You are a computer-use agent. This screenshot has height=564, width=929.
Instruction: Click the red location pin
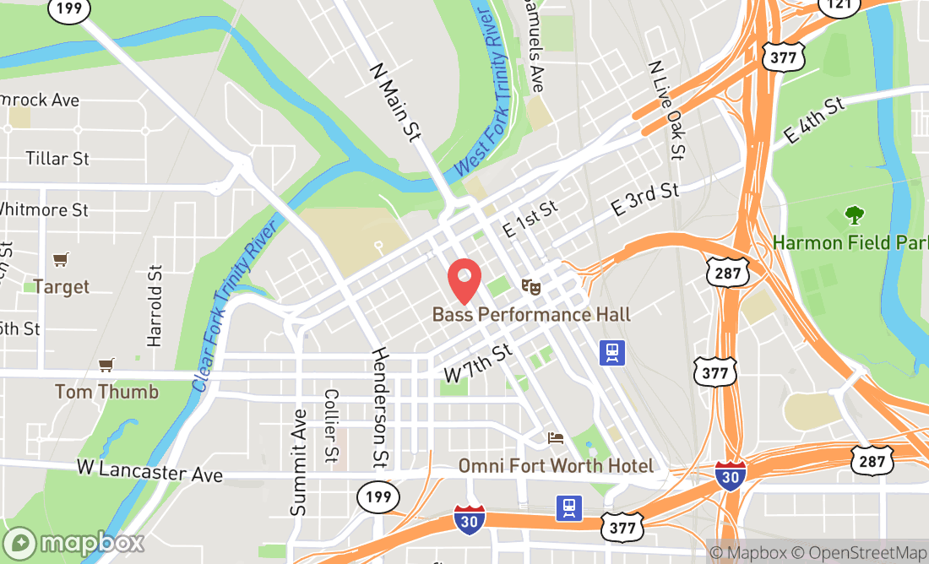coord(464,281)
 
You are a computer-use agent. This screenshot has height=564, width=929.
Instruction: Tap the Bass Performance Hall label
coord(531,315)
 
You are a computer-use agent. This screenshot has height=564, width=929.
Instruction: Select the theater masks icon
coord(531,287)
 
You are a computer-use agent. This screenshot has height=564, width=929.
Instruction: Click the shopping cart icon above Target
coord(60,259)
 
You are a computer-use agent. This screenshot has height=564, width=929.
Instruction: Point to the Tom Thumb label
coord(106,392)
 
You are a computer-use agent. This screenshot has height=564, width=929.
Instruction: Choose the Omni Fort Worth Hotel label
coord(556,466)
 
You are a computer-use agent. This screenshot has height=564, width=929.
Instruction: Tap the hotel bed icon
coord(555,437)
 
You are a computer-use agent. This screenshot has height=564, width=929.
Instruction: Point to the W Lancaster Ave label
coord(149,470)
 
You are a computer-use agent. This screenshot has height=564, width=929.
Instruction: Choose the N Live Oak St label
coord(666,110)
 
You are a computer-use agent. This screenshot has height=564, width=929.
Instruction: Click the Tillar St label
coord(57,159)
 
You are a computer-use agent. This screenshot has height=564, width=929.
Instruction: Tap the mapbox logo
coord(73,543)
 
